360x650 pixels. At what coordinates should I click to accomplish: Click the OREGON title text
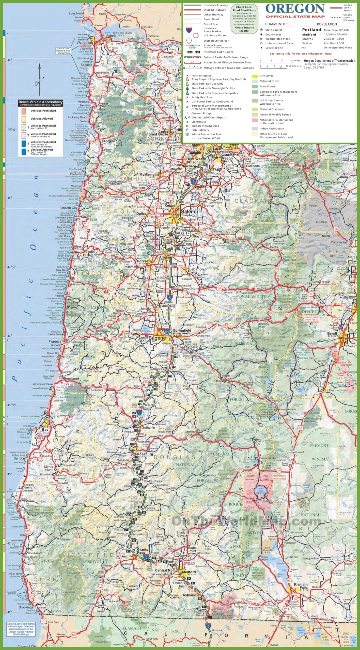pyautogui.click(x=295, y=9)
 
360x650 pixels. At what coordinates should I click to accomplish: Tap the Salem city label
pyautogui.click(x=188, y=212)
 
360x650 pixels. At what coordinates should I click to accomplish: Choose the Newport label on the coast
pyautogui.click(x=81, y=246)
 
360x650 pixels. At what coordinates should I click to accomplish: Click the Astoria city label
pyautogui.click(x=111, y=36)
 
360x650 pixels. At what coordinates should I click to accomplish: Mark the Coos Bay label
pyautogui.click(x=44, y=428)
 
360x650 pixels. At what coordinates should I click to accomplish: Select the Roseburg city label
pyautogui.click(x=145, y=454)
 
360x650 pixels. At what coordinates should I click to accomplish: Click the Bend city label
pyautogui.click(x=332, y=333)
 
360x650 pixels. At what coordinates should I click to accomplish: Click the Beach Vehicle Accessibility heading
pyautogui.click(x=40, y=102)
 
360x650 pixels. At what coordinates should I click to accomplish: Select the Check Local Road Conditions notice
pyautogui.click(x=244, y=19)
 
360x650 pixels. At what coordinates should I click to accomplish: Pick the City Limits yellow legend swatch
pyautogui.click(x=255, y=76)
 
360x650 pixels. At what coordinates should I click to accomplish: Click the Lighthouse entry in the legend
pyautogui.click(x=198, y=122)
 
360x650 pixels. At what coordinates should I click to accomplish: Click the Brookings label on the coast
pyautogui.click(x=26, y=607)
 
